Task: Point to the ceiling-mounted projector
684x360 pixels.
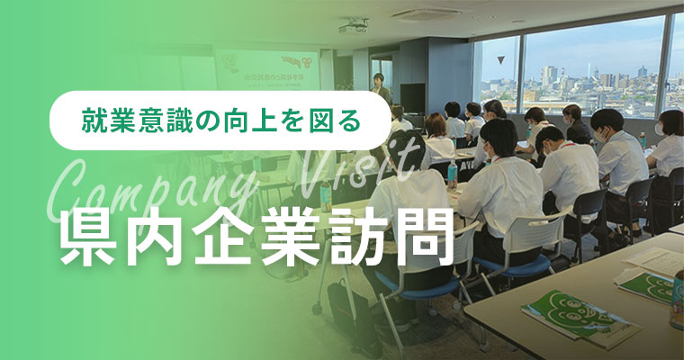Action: click(352, 27)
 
